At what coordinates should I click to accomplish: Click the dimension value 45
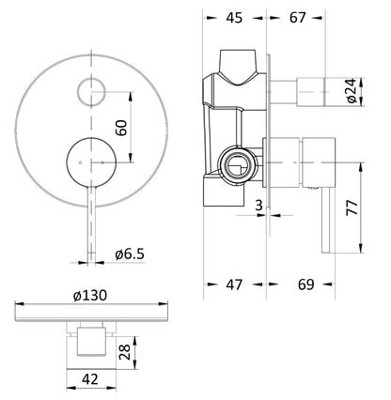(234, 18)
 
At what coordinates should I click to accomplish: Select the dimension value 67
(297, 18)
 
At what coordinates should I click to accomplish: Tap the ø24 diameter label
(352, 91)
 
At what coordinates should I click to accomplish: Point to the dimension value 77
(352, 208)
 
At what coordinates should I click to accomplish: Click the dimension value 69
(305, 285)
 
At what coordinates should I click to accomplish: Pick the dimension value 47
(234, 285)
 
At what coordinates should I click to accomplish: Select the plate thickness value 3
(258, 206)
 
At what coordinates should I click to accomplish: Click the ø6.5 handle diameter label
(130, 254)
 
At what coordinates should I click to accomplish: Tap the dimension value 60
(121, 128)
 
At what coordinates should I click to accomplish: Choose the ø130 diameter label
(90, 295)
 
